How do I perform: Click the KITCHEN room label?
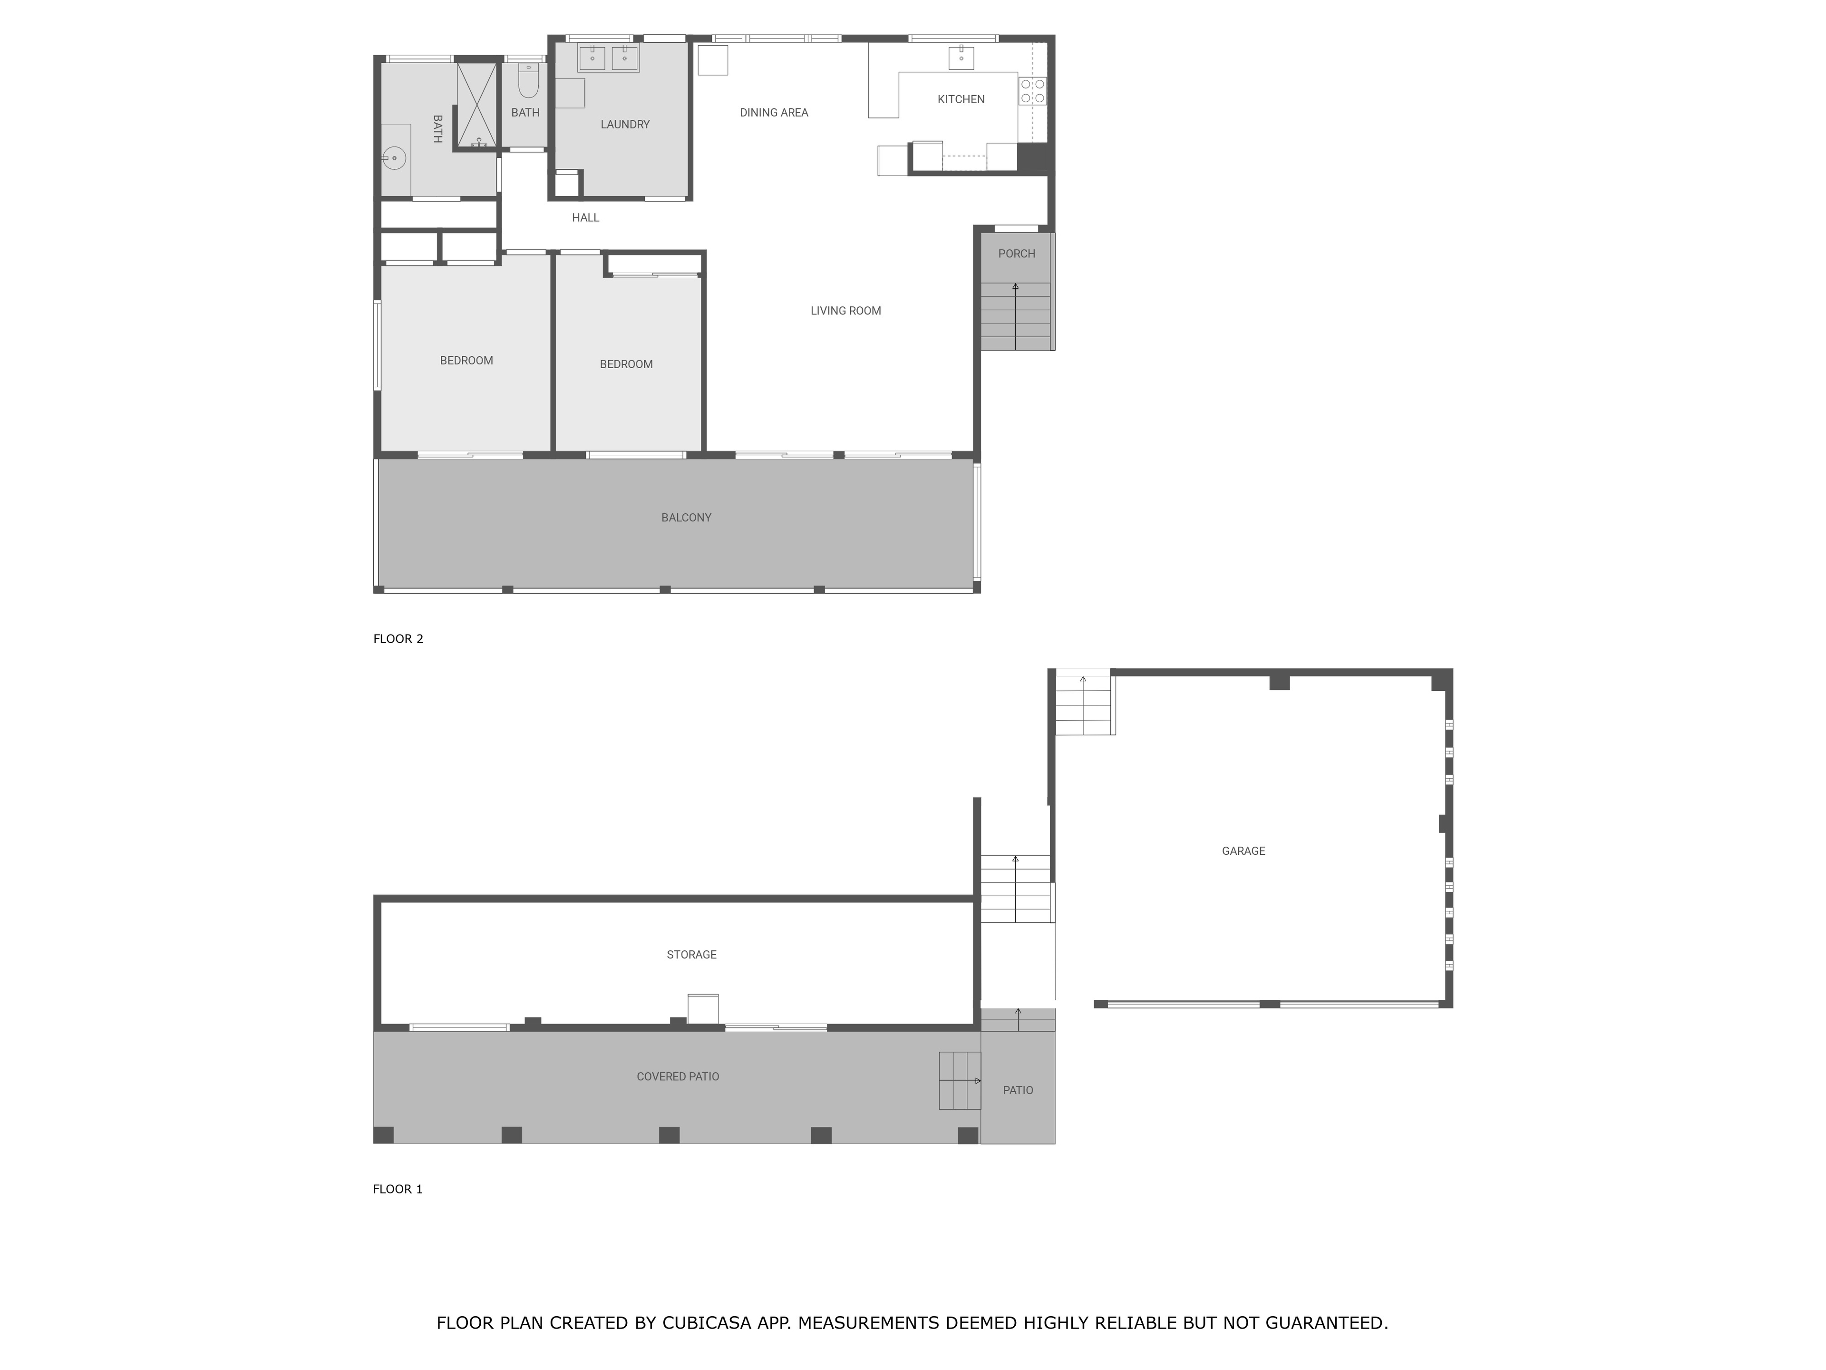pos(961,99)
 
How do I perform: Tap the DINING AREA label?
pos(774,112)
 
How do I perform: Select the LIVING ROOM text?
pos(845,311)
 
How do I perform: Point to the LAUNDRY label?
pos(625,124)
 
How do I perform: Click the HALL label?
pos(585,217)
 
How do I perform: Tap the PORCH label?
pos(1016,254)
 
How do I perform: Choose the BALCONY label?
pos(686,518)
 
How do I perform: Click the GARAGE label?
pos(1243,851)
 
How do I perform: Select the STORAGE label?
pos(692,955)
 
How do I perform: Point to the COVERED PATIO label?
pos(678,1077)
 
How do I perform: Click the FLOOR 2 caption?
pos(398,638)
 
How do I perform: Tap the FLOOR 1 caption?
pos(398,1189)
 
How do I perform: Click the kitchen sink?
pos(961,58)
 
